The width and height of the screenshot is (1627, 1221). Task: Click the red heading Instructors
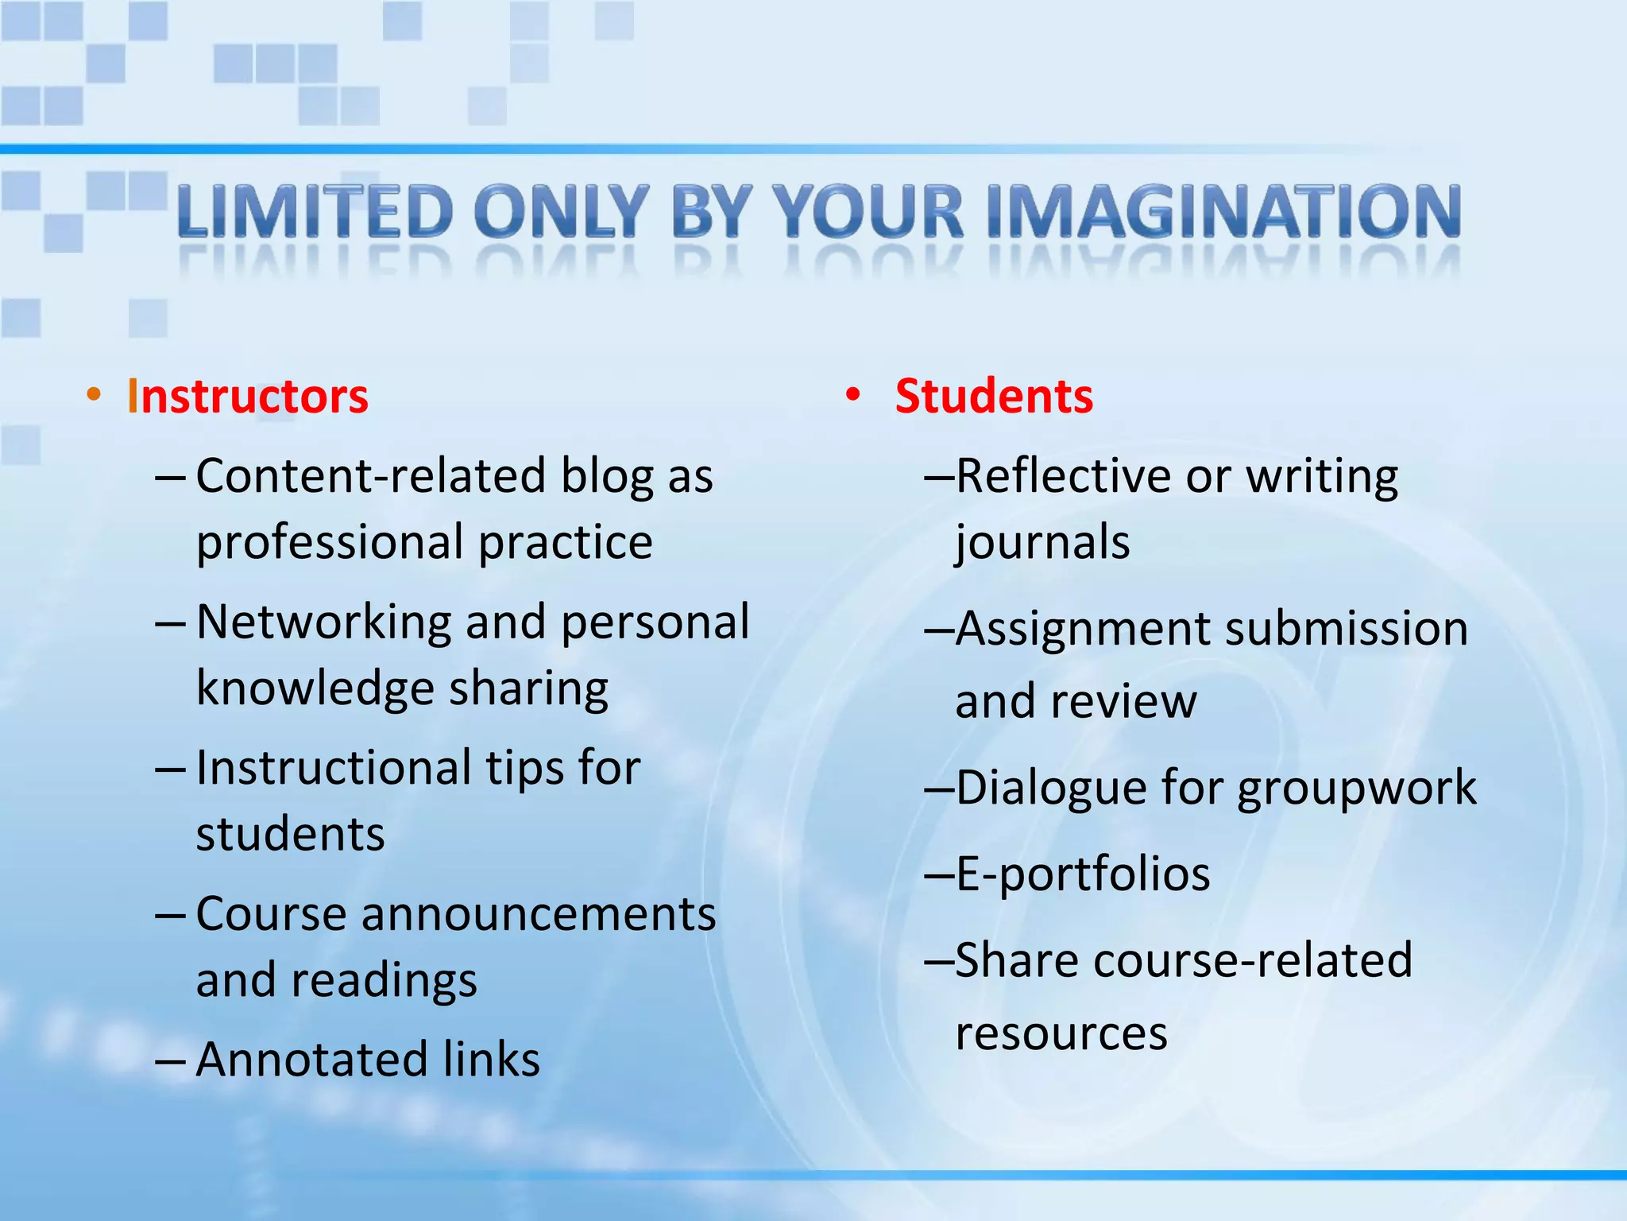pyautogui.click(x=247, y=396)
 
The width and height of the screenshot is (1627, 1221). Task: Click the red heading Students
pyautogui.click(x=994, y=396)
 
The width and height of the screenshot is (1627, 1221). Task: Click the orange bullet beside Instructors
pyautogui.click(x=94, y=394)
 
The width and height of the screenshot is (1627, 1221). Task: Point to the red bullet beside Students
pyautogui.click(x=853, y=394)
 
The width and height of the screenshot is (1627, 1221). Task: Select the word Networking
pyautogui.click(x=323, y=622)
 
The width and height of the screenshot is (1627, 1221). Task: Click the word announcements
pyautogui.click(x=539, y=914)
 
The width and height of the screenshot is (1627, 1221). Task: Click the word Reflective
pyautogui.click(x=1063, y=477)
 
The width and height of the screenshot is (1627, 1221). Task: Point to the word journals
pyautogui.click(x=1042, y=544)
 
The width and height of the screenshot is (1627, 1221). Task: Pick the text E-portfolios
pyautogui.click(x=1083, y=874)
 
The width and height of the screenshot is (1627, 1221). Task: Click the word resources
pyautogui.click(x=1061, y=1033)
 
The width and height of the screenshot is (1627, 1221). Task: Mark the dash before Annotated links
pyautogui.click(x=170, y=1060)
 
